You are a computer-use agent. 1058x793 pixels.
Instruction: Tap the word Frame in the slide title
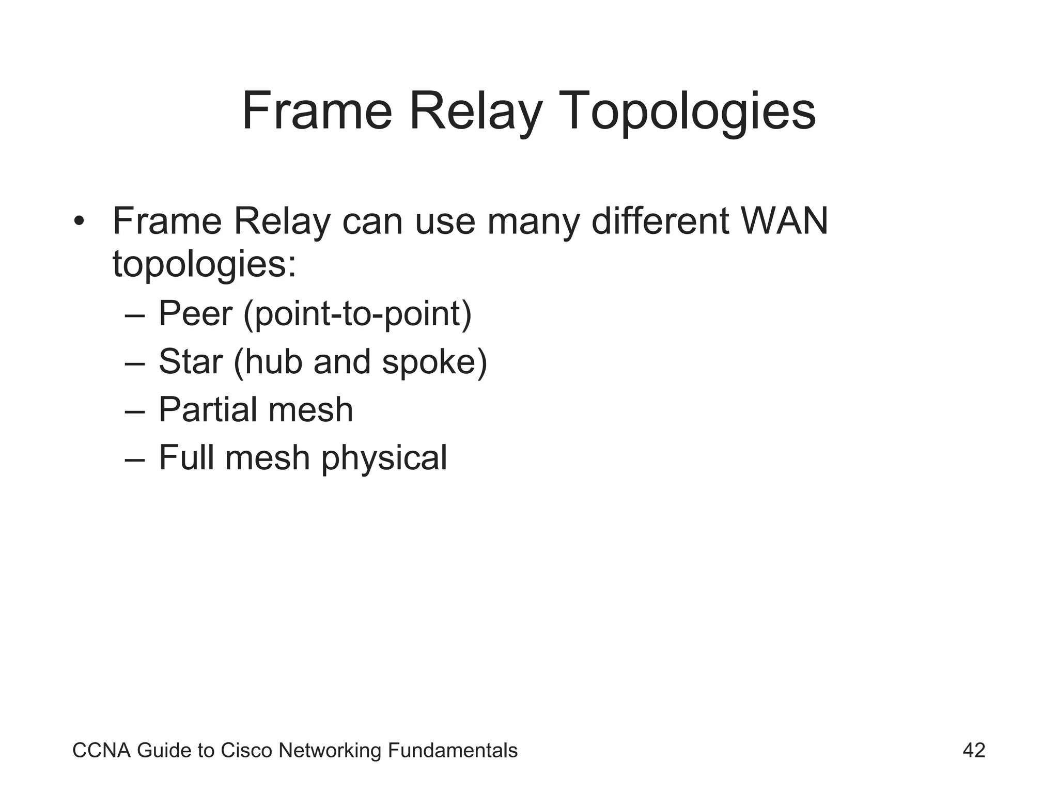317,112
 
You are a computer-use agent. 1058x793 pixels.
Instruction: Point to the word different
660,221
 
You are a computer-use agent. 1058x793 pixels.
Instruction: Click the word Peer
195,313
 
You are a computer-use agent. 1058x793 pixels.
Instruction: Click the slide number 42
974,750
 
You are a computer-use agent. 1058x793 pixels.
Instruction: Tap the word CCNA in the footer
101,751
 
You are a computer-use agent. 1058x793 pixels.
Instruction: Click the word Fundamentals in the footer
452,751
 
